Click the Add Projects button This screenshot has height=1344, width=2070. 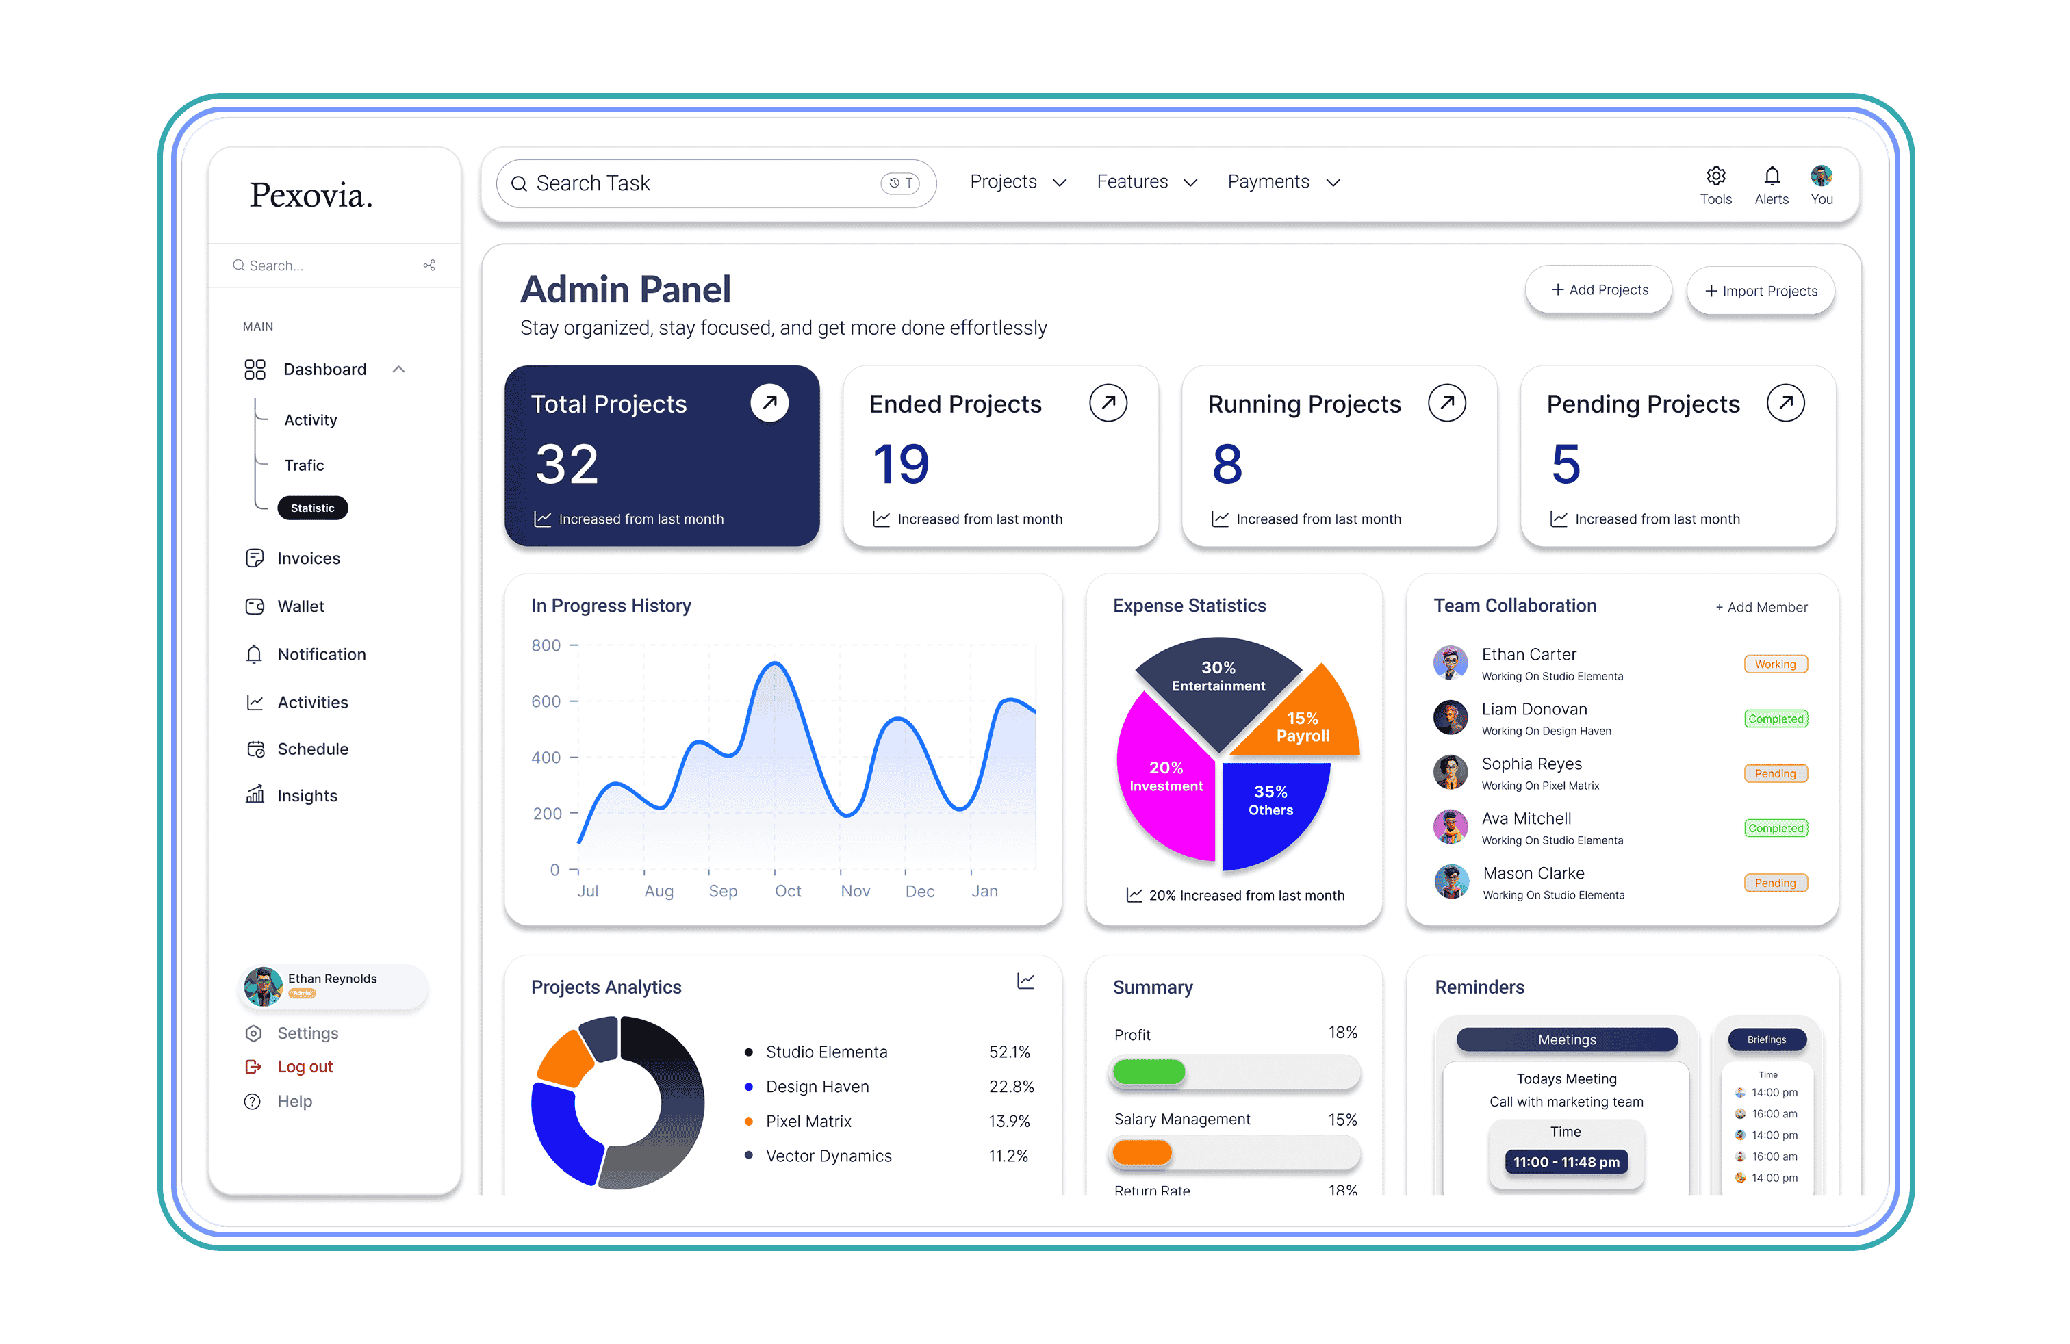(x=1598, y=289)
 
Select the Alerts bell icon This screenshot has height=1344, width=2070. (x=1771, y=177)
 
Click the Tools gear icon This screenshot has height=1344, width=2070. (x=1715, y=177)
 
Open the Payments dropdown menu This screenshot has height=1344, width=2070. (x=1283, y=182)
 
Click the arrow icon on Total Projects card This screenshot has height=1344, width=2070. (x=769, y=402)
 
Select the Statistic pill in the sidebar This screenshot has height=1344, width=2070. (x=312, y=508)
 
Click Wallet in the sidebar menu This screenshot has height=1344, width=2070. (x=300, y=606)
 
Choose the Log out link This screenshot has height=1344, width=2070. (x=305, y=1067)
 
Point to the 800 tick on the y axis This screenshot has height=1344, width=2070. (x=546, y=645)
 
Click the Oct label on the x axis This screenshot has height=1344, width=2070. (x=787, y=891)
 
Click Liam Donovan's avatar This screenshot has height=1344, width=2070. (x=1450, y=717)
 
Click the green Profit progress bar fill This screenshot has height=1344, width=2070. (x=1148, y=1072)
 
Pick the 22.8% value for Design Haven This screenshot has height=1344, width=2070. (x=1010, y=1087)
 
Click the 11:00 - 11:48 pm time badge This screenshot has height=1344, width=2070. (x=1566, y=1162)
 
